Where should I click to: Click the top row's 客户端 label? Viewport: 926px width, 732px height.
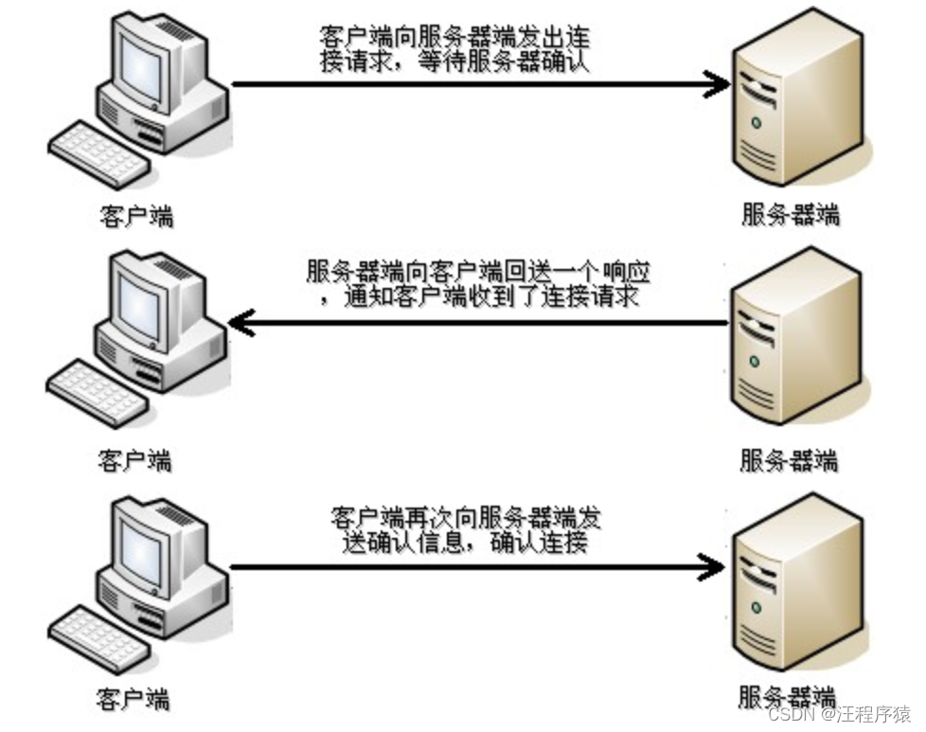click(x=137, y=216)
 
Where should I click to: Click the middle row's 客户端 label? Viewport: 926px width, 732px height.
click(x=135, y=460)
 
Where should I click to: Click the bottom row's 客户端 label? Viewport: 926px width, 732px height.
click(x=134, y=699)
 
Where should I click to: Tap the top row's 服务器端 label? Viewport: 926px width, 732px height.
click(x=791, y=214)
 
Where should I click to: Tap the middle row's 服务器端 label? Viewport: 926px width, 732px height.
click(x=789, y=459)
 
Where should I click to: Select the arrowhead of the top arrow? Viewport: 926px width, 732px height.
click(x=717, y=84)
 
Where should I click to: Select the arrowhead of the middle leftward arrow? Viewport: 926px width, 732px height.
click(x=241, y=323)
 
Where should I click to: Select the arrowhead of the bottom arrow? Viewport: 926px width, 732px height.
click(x=711, y=568)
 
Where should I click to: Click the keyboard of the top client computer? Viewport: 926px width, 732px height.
click(x=99, y=154)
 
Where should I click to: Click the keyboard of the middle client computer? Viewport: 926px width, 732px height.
click(x=98, y=393)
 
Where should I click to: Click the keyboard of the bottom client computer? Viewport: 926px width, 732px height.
click(x=99, y=639)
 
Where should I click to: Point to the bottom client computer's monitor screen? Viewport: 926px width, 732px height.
click(x=140, y=554)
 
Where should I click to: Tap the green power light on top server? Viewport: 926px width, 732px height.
click(x=756, y=123)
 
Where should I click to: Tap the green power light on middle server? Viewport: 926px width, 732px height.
click(x=754, y=361)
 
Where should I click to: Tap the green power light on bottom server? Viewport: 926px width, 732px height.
click(x=756, y=607)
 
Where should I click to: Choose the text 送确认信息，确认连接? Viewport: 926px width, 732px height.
click(x=465, y=543)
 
